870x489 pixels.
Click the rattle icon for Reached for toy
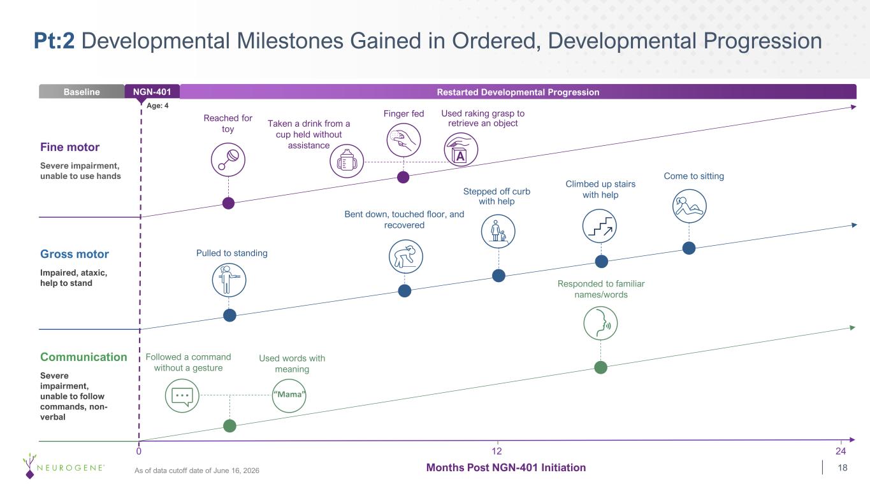click(228, 160)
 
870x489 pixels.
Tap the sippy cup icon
click(347, 161)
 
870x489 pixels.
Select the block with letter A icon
click(461, 150)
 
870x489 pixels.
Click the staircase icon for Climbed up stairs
click(600, 226)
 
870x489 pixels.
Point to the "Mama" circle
click(289, 395)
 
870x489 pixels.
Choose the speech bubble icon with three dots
click(182, 395)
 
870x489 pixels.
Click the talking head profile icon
click(600, 323)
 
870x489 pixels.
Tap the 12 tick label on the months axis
click(497, 451)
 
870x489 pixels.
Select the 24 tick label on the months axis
click(841, 451)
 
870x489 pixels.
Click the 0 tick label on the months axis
click(139, 451)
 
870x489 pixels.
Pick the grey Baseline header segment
click(82, 92)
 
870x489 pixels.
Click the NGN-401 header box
click(152, 92)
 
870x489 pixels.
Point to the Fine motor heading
click(70, 147)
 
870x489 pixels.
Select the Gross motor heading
click(75, 254)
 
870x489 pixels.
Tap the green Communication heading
click(83, 357)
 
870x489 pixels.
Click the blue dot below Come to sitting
click(689, 248)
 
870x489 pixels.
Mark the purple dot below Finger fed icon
click(403, 178)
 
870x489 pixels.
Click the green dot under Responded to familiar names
click(601, 367)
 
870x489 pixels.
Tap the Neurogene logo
click(63, 465)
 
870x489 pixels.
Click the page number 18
click(843, 467)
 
